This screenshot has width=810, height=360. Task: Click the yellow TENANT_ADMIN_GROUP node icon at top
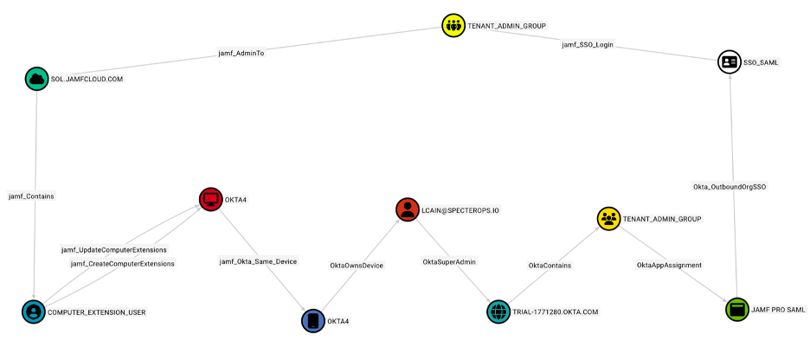pos(453,26)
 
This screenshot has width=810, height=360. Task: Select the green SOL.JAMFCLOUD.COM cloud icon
pos(36,79)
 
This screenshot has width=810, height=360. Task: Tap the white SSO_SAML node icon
pos(730,61)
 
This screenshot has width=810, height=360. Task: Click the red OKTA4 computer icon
pos(210,199)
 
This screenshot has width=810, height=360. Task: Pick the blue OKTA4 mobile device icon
pos(312,320)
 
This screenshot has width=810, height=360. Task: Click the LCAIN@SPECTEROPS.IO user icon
pos(407,209)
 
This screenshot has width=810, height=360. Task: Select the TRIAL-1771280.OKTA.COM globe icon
pos(498,312)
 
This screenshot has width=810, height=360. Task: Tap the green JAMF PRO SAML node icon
pos(736,309)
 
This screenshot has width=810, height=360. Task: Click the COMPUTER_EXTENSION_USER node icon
pos(34,312)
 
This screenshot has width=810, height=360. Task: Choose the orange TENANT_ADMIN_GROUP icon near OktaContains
pos(608,218)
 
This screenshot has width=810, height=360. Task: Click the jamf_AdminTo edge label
pos(241,53)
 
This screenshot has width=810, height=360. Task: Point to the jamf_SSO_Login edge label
pos(588,44)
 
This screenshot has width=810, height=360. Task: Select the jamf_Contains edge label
pos(31,196)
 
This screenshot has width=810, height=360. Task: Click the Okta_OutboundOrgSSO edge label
pos(730,186)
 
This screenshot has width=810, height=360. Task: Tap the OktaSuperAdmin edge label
pos(449,261)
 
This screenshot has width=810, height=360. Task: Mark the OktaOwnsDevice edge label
pos(356,265)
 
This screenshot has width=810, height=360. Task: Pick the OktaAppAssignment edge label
pos(669,265)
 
